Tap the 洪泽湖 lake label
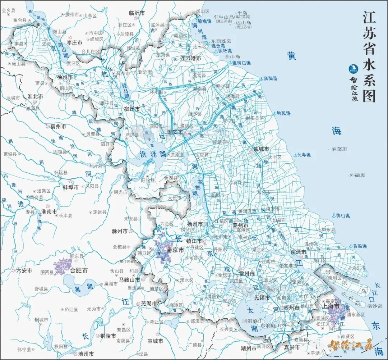click(x=153, y=154)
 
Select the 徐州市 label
click(x=65, y=77)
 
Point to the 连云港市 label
click(x=191, y=58)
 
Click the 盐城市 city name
click(x=261, y=149)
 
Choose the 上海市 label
click(x=331, y=306)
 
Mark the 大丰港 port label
click(x=304, y=155)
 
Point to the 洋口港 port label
click(x=342, y=215)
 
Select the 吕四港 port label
click(x=360, y=246)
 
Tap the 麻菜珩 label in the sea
click(x=339, y=149)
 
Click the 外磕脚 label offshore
click(x=357, y=176)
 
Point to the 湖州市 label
click(x=249, y=348)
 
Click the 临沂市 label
click(x=137, y=13)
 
